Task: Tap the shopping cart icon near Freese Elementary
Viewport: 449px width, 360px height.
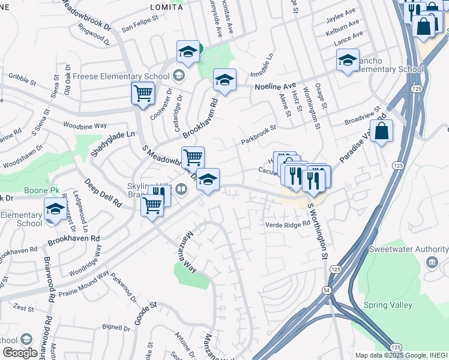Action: tap(143, 93)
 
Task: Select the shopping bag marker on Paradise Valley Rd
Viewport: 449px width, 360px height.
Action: tap(381, 130)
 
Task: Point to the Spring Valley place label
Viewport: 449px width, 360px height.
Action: tap(388, 305)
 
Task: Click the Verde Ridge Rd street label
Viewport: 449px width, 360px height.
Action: tap(287, 224)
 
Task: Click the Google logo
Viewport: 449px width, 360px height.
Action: tap(20, 353)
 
